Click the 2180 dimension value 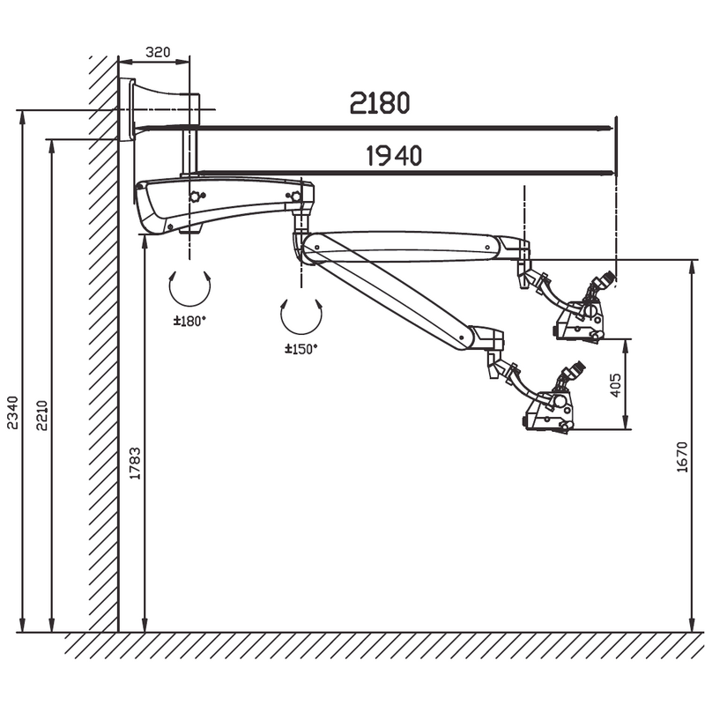[x=380, y=102]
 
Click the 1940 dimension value [x=394, y=156]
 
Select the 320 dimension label [x=159, y=52]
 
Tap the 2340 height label [x=12, y=412]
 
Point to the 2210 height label [x=41, y=415]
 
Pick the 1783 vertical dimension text [x=135, y=464]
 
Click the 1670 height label [x=682, y=457]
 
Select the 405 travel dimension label [x=615, y=385]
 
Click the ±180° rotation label [x=189, y=321]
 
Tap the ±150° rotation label [x=301, y=348]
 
